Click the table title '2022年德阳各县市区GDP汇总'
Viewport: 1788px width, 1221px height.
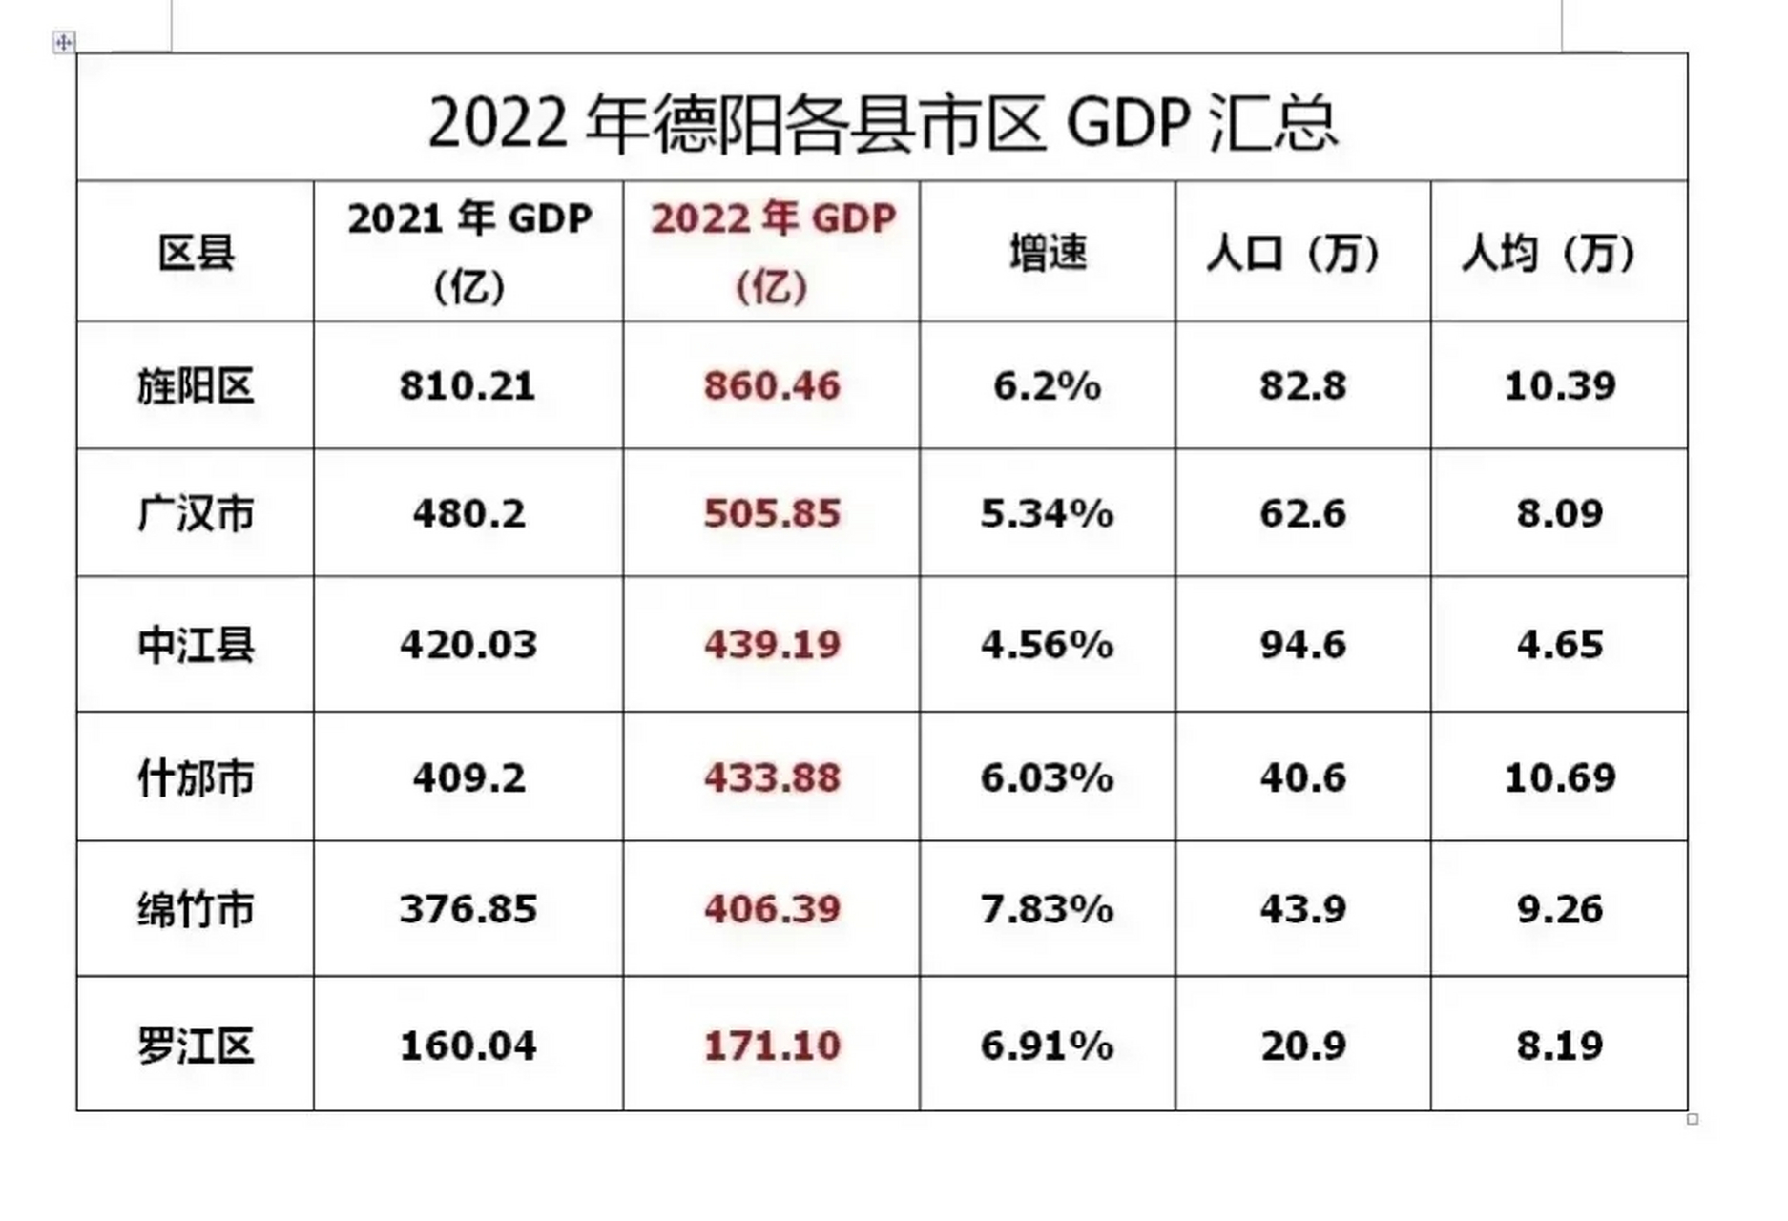(883, 122)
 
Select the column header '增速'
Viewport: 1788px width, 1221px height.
(1048, 253)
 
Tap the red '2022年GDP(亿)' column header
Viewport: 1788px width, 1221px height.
(773, 251)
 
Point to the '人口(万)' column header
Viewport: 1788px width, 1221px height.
(1302, 253)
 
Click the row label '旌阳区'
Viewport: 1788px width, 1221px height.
(196, 386)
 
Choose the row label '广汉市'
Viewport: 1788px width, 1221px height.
(196, 514)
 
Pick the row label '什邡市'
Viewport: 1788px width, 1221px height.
(196, 778)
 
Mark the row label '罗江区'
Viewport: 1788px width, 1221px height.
(196, 1045)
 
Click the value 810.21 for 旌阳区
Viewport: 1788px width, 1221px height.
(468, 386)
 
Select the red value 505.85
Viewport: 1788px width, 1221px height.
(772, 514)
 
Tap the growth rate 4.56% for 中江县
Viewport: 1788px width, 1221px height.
(1047, 646)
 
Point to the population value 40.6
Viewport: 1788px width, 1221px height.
(1302, 778)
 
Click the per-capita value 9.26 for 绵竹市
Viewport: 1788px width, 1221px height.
(1559, 909)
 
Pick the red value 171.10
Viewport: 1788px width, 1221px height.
(772, 1045)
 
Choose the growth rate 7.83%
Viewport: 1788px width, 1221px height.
(1047, 909)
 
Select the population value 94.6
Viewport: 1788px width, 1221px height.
(1302, 646)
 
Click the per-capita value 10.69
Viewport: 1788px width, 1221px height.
(1559, 778)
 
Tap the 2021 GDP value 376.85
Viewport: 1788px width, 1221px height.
(468, 909)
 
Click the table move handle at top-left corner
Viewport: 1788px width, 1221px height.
(64, 42)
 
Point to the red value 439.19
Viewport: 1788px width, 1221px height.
(772, 646)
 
